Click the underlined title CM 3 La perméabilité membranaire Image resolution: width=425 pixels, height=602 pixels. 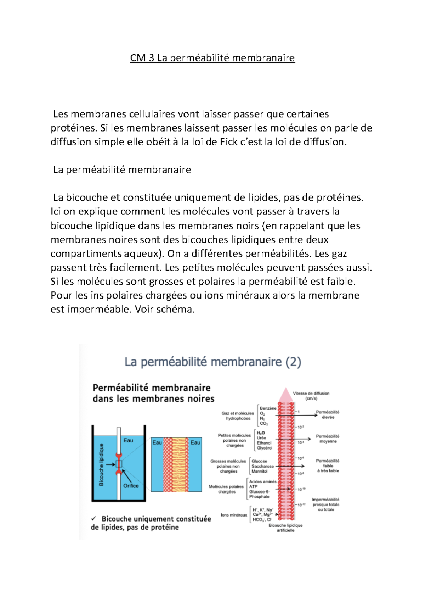[212, 58]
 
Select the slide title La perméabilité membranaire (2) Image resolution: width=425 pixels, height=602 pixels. [213, 362]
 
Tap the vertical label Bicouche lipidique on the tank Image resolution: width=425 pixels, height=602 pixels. [102, 464]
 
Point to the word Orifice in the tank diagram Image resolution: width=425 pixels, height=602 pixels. [131, 486]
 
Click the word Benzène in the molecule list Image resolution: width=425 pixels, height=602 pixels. [268, 408]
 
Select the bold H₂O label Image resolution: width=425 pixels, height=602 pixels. [261, 433]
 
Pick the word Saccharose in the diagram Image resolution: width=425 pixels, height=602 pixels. [262, 466]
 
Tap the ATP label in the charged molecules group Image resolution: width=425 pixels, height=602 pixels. [253, 487]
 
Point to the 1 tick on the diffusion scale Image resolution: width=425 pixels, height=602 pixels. [299, 412]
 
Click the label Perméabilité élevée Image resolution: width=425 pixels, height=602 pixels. [328, 414]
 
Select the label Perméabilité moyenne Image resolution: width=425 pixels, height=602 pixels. [328, 439]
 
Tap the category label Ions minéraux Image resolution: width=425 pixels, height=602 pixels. [234, 515]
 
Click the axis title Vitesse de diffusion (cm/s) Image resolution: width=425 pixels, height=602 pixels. [311, 396]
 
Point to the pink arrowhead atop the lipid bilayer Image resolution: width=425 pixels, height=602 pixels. [286, 395]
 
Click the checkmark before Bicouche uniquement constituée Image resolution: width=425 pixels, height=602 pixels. [94, 518]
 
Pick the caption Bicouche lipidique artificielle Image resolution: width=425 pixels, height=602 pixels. [285, 528]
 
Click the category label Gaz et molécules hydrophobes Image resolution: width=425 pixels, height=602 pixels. [238, 416]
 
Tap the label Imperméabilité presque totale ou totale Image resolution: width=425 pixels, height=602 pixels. [325, 505]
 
